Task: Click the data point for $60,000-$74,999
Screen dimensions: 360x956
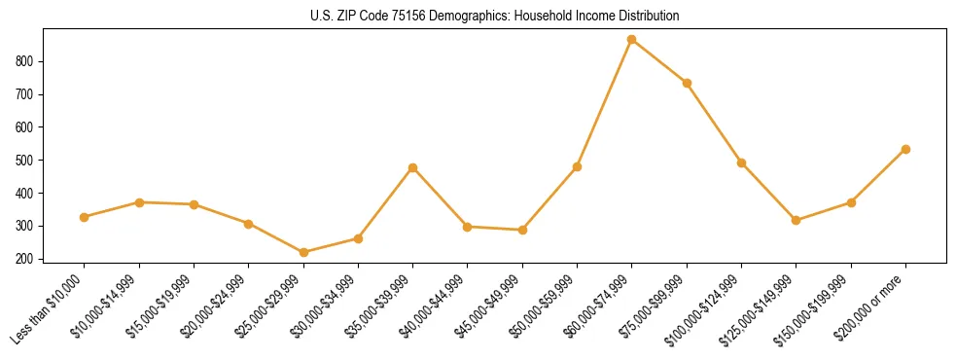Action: pyautogui.click(x=632, y=40)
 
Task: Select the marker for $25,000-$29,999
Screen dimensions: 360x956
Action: pyautogui.click(x=303, y=253)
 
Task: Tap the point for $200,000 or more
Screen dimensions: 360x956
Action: pyautogui.click(x=905, y=149)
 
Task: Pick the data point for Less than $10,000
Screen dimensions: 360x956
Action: pyautogui.click(x=85, y=217)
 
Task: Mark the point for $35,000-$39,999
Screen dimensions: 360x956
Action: pyautogui.click(x=413, y=167)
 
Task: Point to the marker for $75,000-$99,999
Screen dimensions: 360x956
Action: pyautogui.click(x=687, y=83)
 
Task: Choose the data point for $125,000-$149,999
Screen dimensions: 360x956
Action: pyautogui.click(x=797, y=220)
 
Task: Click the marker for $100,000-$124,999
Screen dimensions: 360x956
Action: pyautogui.click(x=741, y=162)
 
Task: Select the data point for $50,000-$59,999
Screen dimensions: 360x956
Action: pyautogui.click(x=577, y=166)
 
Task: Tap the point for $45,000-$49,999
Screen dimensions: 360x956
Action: pyautogui.click(x=522, y=230)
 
